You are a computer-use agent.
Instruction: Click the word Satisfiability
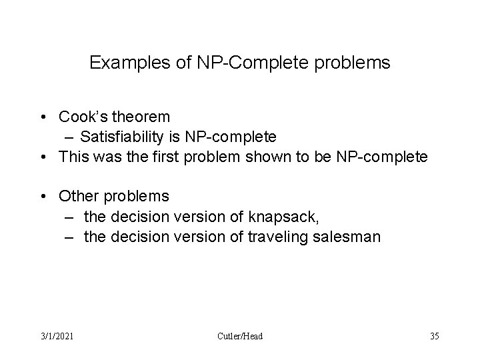click(x=123, y=137)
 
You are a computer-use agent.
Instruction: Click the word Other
click(x=78, y=197)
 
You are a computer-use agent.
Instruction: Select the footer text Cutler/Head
click(x=239, y=336)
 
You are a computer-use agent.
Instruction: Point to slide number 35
click(x=435, y=336)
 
